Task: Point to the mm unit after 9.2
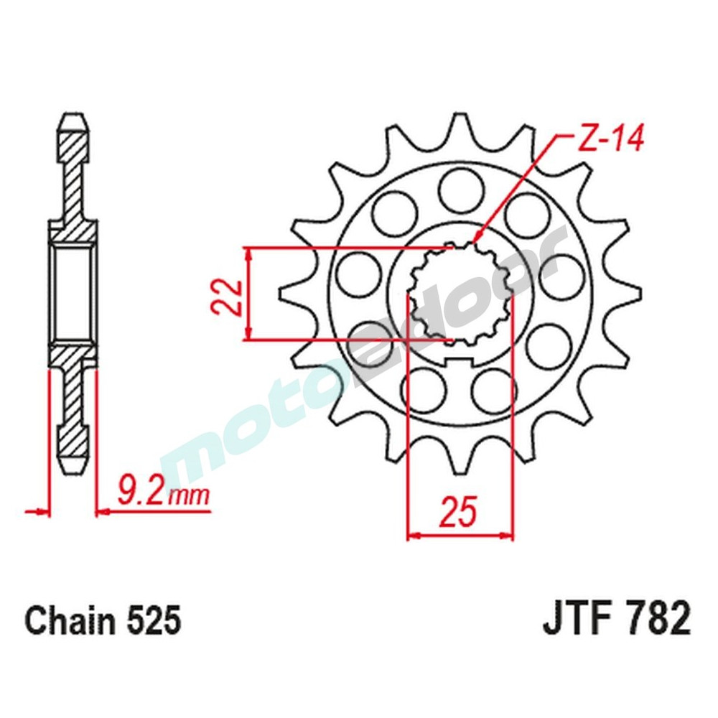190,495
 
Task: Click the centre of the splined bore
460,293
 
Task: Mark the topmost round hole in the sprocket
460,190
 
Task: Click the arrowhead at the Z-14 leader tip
476,239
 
